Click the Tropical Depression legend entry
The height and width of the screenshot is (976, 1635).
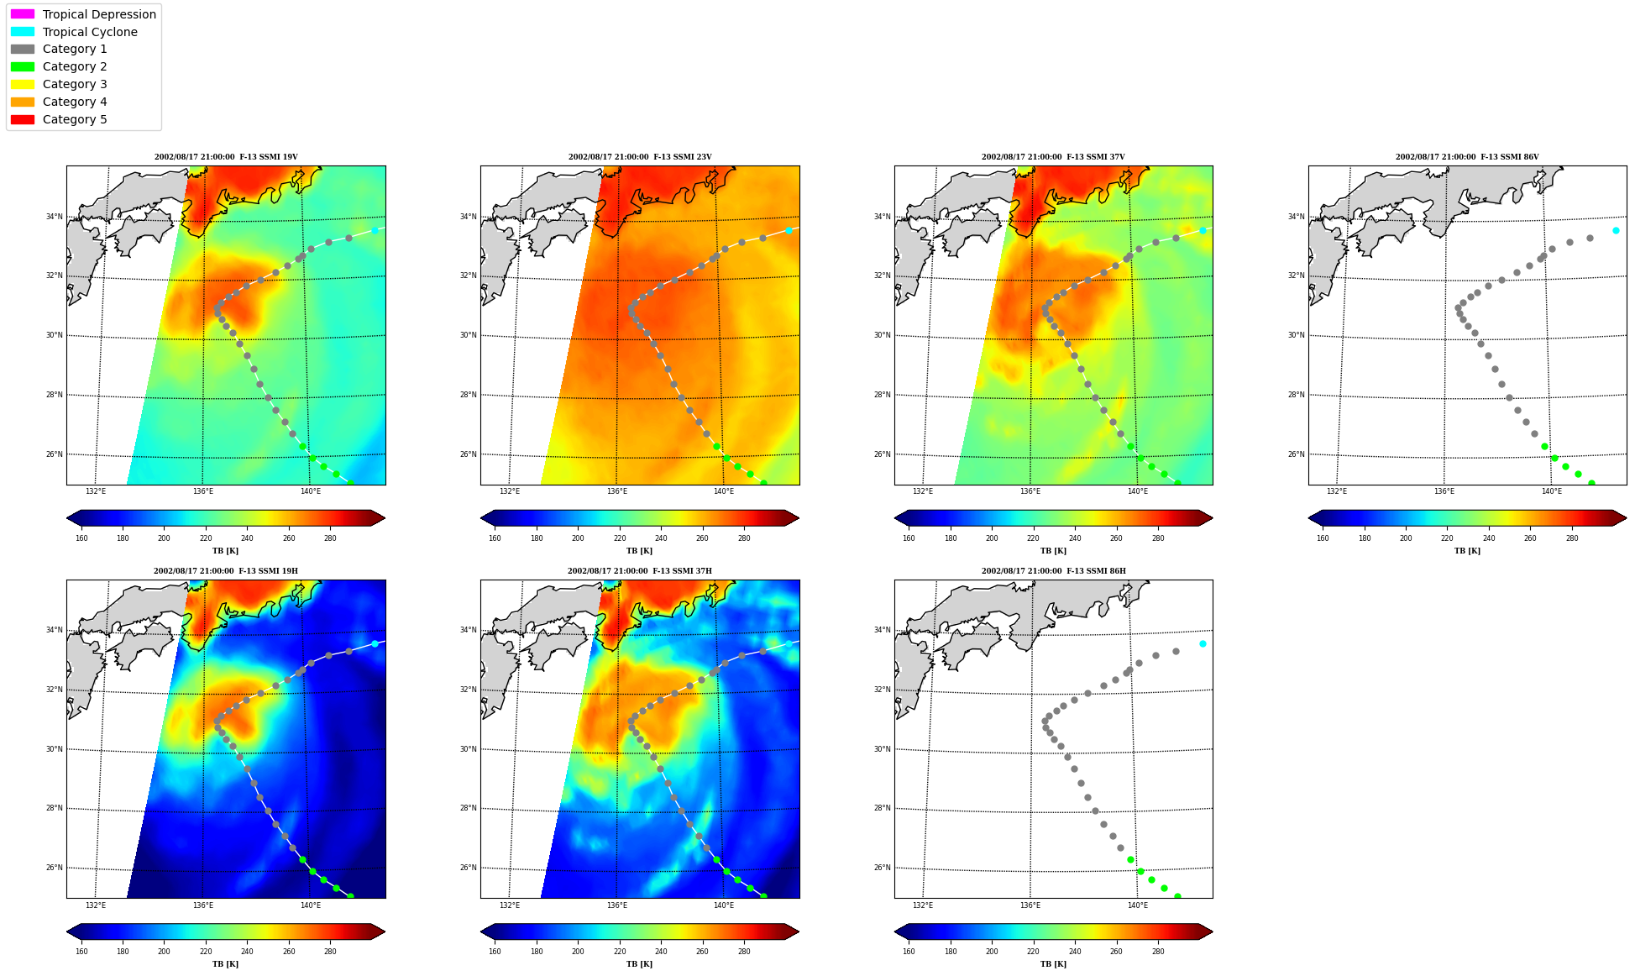coord(83,14)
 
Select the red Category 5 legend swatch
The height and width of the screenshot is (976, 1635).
coord(23,119)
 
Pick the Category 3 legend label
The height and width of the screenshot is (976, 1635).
coord(75,84)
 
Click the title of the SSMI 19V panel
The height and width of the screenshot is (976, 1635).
coord(226,157)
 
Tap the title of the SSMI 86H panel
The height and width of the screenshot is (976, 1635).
coord(1054,571)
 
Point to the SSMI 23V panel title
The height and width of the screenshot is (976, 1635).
coord(640,157)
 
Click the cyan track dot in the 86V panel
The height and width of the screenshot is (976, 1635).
coord(1616,230)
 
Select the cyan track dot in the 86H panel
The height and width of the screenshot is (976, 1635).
coord(1203,643)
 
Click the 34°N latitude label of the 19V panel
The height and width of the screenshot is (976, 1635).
coord(54,217)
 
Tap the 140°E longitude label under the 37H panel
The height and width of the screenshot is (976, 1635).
coord(724,905)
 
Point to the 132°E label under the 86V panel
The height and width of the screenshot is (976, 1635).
coord(1337,491)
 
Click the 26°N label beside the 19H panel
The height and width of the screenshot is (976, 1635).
coord(54,868)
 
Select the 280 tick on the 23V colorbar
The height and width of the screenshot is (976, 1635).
coord(744,538)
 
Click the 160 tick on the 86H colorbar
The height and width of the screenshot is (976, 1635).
coord(909,952)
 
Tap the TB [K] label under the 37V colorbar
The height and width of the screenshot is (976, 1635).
coord(1053,551)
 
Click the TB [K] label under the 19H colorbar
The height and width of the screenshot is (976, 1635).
coord(225,964)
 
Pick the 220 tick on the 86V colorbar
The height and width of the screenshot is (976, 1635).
coord(1447,538)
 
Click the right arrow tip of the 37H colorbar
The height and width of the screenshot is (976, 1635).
coord(799,931)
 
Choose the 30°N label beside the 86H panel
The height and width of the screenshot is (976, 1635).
coord(882,749)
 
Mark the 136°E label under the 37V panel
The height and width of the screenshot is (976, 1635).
coord(1030,491)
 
